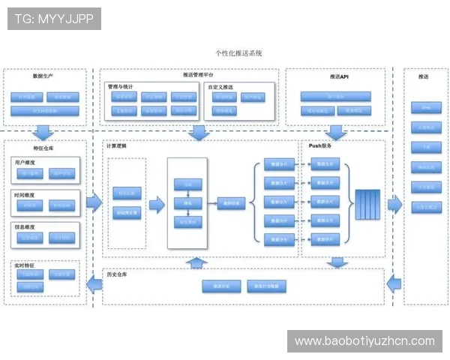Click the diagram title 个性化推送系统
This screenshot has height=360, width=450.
tap(238, 53)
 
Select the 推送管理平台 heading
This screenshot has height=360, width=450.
tap(198, 76)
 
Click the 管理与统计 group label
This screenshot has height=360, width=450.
tap(123, 87)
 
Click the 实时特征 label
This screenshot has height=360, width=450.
tap(24, 265)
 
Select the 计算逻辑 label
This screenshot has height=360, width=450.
tap(117, 145)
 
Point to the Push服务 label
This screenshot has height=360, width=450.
tap(320, 145)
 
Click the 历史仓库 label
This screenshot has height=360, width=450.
tap(118, 274)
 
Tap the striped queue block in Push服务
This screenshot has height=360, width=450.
tap(368, 203)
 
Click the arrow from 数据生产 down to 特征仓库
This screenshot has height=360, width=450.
tap(43, 133)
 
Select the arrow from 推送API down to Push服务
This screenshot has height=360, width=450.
tap(335, 133)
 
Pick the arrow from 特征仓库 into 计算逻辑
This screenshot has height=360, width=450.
tap(94, 201)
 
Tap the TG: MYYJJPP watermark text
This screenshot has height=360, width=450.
tap(53, 19)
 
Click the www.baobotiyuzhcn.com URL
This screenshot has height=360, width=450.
tap(364, 341)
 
